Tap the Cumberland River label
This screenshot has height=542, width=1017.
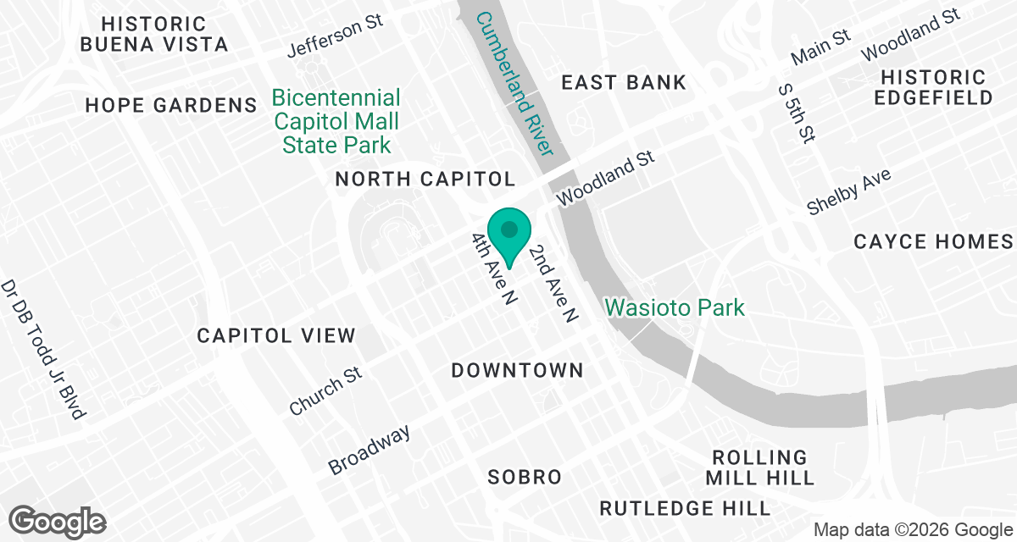[514, 83]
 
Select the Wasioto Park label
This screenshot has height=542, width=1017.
[675, 307]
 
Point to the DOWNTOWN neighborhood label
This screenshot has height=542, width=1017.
[517, 370]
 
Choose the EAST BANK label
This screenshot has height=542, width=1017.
[623, 82]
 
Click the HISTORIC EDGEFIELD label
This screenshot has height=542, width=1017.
[932, 87]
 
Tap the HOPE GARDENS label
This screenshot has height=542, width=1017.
[171, 105]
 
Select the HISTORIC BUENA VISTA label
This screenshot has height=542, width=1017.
[153, 34]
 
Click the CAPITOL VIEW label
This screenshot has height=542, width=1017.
[276, 335]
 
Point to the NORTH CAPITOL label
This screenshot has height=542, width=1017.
[425, 179]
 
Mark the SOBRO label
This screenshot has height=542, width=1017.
[525, 477]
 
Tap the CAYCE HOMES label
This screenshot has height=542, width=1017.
[933, 241]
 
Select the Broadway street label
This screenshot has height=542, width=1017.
[370, 449]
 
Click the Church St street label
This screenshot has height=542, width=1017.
[325, 391]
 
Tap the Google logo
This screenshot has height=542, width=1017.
[58, 520]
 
